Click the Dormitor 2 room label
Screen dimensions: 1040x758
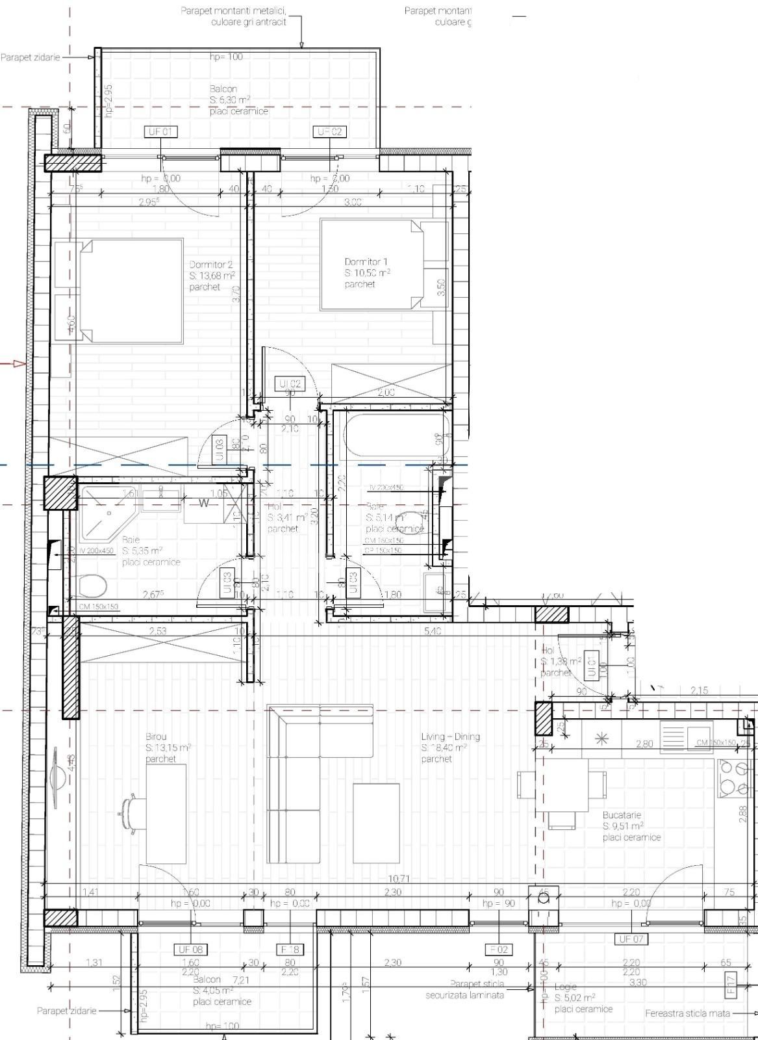click(210, 265)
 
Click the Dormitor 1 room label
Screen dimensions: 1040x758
click(366, 262)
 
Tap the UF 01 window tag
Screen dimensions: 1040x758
click(160, 132)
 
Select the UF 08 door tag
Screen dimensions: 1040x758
click(191, 949)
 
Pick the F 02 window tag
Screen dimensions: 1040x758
click(498, 949)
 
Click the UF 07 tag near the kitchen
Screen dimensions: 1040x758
click(631, 939)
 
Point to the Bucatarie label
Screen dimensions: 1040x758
click(622, 814)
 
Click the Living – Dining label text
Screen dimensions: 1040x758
click(450, 736)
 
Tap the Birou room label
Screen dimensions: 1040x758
click(156, 736)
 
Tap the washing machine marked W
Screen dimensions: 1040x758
click(204, 502)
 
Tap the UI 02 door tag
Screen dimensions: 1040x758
click(290, 384)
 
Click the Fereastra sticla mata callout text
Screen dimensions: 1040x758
click(687, 1013)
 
